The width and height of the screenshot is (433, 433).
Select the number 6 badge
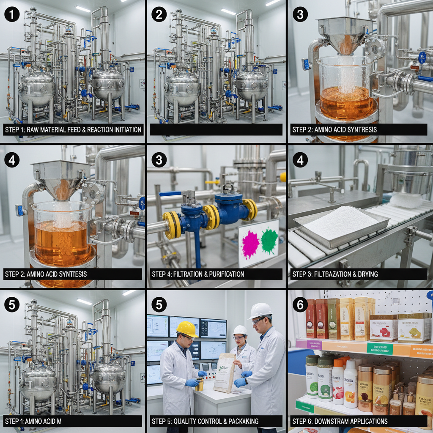point(300,304)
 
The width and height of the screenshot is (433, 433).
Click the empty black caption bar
point(216,129)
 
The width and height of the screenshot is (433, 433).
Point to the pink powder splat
point(250,244)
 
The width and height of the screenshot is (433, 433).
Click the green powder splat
point(269,240)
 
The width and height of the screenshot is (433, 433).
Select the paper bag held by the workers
point(225,373)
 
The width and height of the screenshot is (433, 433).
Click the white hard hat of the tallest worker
point(260,310)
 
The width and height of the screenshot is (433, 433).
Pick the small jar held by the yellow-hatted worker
point(200,384)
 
